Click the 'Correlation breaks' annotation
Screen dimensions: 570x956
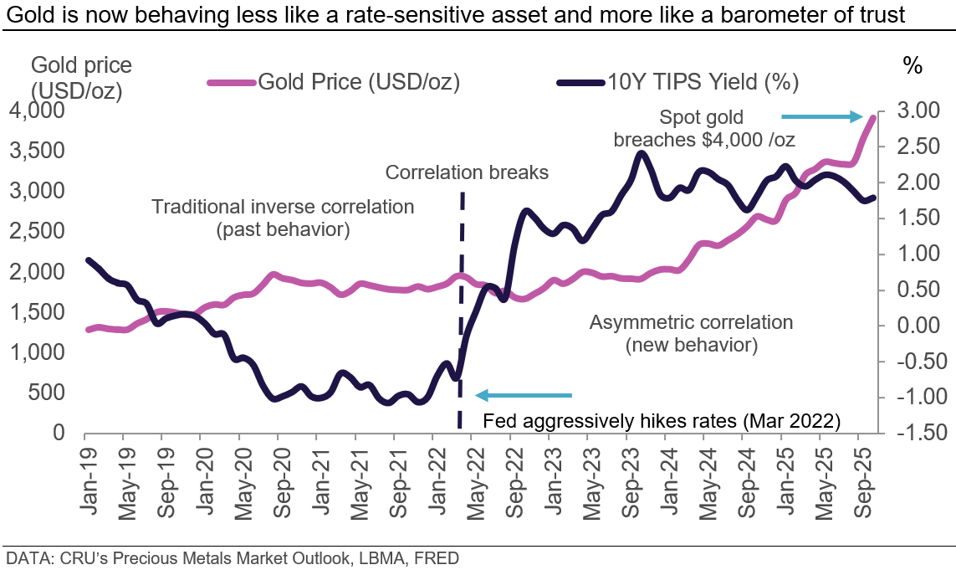[467, 173]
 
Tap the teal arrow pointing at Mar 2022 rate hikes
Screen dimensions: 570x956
[524, 395]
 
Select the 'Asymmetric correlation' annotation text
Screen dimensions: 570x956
[691, 322]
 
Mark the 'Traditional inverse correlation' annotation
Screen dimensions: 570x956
[283, 207]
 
